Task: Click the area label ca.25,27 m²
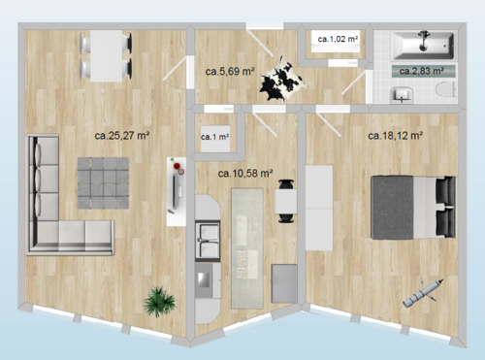(121, 136)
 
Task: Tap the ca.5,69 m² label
(230, 70)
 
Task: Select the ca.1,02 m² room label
(337, 39)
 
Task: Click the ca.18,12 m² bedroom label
(395, 136)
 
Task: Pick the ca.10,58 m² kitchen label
(245, 173)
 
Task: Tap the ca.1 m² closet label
(214, 137)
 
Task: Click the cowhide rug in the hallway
(280, 78)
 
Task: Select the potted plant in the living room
(158, 301)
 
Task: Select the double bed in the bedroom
(411, 207)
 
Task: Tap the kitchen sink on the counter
(208, 236)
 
